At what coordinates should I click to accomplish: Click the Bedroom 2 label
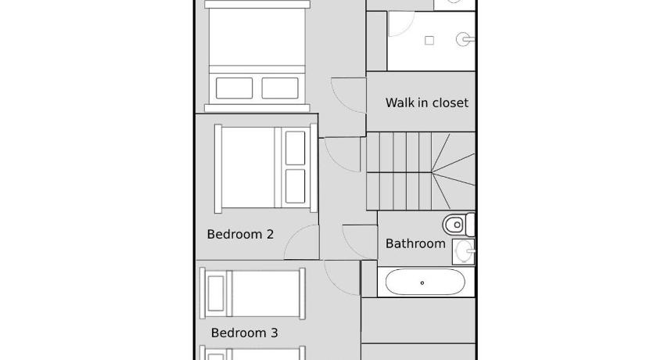pos(240,234)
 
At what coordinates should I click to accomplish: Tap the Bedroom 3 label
pos(244,333)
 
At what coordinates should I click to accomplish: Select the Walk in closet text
pos(427,103)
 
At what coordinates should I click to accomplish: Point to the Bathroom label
pos(415,243)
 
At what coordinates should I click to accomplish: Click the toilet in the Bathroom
pos(458,225)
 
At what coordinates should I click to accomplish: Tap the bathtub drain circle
pos(422,283)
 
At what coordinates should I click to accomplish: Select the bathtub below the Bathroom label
pos(425,282)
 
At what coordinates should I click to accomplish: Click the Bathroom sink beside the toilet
pos(463,251)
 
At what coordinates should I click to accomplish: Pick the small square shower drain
pos(429,41)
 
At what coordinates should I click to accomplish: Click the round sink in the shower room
pos(465,39)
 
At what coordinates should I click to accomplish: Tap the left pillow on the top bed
pos(234,88)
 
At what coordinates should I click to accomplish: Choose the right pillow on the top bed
pos(280,88)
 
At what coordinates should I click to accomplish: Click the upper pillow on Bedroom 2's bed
pos(295,148)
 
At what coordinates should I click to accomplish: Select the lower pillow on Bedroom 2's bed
pos(295,186)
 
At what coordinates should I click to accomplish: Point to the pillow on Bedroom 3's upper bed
pos(216,293)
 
